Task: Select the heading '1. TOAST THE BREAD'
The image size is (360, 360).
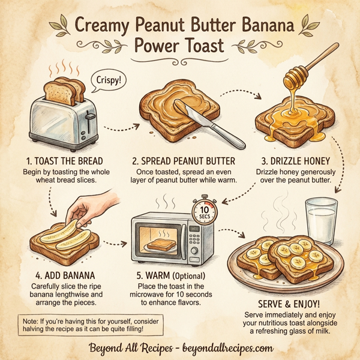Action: click(x=65, y=162)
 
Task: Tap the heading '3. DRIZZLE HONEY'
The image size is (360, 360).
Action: click(x=299, y=162)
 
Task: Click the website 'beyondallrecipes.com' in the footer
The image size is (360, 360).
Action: click(x=222, y=347)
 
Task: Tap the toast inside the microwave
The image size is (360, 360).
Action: click(x=160, y=244)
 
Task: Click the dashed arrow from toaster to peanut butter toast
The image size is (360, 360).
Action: click(x=122, y=127)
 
